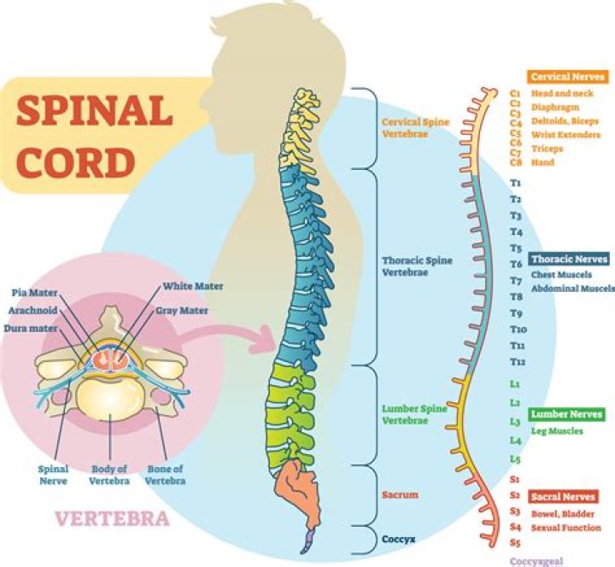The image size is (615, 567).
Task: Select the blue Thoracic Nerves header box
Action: (x=569, y=259)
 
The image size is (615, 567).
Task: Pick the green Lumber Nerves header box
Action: (x=567, y=415)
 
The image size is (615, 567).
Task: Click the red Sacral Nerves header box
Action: (x=563, y=496)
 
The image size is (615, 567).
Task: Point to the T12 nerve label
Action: (x=517, y=362)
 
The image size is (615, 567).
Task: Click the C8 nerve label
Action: (x=515, y=162)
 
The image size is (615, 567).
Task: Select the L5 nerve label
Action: (x=515, y=459)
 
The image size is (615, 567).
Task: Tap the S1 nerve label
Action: (x=515, y=479)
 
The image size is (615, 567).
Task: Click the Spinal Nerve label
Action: (x=55, y=476)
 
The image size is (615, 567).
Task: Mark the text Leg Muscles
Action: (x=556, y=431)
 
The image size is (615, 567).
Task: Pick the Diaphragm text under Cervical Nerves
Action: (x=554, y=108)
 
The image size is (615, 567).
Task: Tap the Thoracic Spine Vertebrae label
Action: (x=418, y=266)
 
